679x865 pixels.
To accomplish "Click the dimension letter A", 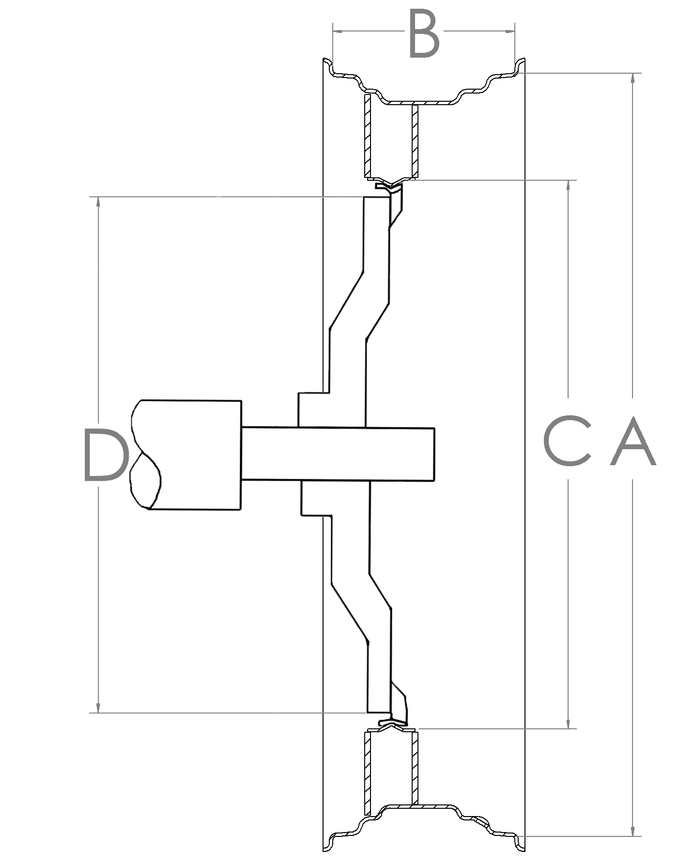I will [x=633, y=441].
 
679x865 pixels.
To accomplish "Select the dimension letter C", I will [x=567, y=441].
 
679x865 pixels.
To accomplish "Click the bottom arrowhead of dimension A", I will [x=633, y=831].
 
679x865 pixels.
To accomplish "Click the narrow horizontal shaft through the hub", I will [x=339, y=455].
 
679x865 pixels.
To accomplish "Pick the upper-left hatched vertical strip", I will [x=367, y=136].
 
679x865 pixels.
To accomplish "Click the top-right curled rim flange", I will [x=519, y=67].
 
